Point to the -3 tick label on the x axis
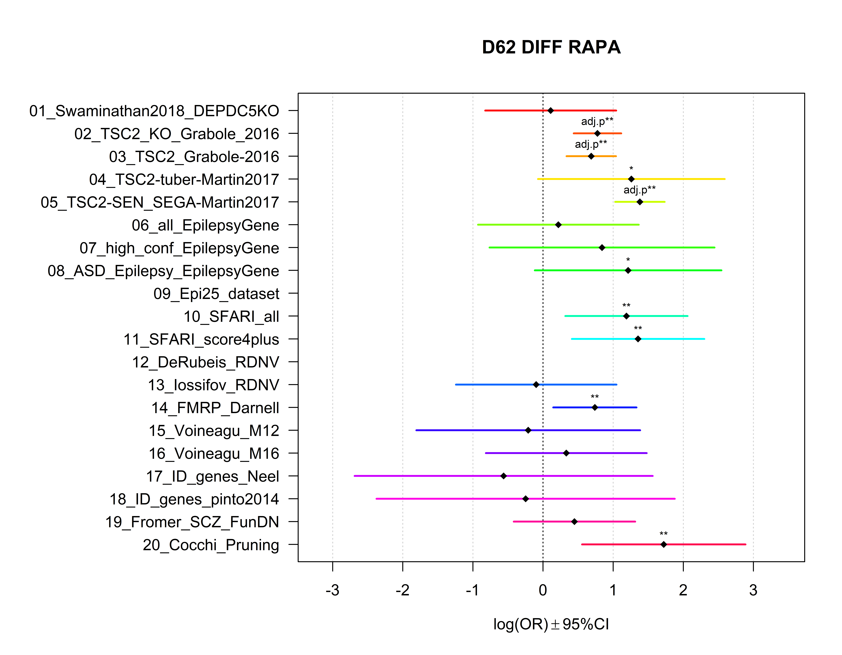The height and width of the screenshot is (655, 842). point(332,590)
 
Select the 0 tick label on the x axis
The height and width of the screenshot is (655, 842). point(543,590)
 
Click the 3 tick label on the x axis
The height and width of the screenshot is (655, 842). point(753,590)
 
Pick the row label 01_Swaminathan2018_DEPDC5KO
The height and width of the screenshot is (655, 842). point(154,111)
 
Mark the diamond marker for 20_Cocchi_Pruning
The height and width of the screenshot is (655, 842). point(663,544)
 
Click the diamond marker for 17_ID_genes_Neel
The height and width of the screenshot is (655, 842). point(504,476)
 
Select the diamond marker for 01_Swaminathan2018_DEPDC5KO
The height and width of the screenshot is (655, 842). point(551,111)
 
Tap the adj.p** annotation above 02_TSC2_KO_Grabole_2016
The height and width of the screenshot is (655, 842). point(597,121)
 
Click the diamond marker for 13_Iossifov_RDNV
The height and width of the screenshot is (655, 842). point(536,385)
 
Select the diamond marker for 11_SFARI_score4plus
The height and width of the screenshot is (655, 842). point(638,339)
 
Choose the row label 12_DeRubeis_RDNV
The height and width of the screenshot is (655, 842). point(205,362)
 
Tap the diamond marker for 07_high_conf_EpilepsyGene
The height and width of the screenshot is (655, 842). point(602,247)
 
